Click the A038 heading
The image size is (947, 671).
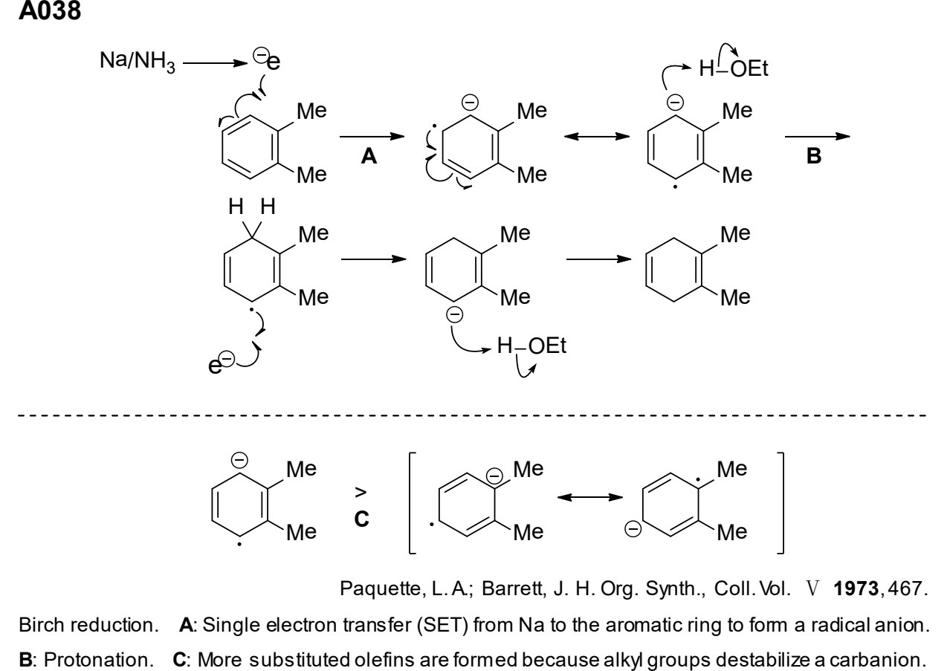click(50, 10)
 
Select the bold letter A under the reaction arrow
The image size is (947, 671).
click(369, 156)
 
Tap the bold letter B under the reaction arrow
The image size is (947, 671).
click(814, 156)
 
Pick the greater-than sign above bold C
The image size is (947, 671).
click(361, 492)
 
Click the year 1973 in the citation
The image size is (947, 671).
click(856, 589)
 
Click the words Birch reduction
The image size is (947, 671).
click(88, 625)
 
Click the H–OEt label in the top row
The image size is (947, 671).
click(734, 68)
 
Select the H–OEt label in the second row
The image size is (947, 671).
click(531, 346)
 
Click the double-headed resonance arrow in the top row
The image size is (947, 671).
click(597, 136)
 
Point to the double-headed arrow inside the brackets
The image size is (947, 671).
click(589, 497)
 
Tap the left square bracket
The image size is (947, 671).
click(410, 503)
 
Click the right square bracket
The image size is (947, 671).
click(782, 503)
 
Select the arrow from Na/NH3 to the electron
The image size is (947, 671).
click(215, 63)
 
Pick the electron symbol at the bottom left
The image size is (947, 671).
click(221, 363)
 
